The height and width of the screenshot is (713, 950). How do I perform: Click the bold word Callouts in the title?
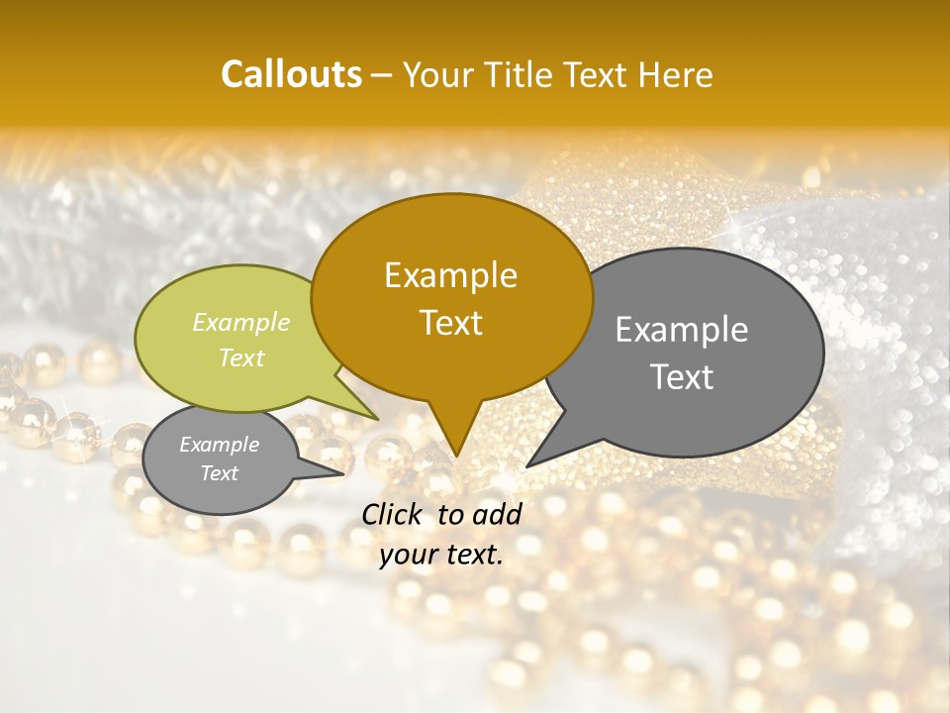pyautogui.click(x=291, y=75)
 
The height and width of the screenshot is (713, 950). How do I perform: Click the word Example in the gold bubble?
pyautogui.click(x=450, y=275)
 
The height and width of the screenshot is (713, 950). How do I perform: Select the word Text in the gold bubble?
pyautogui.click(x=450, y=323)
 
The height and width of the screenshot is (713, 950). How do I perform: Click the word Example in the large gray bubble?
pyautogui.click(x=682, y=330)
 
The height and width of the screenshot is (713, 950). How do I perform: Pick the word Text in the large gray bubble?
pyautogui.click(x=682, y=377)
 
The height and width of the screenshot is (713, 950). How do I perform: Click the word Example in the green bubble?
pyautogui.click(x=241, y=323)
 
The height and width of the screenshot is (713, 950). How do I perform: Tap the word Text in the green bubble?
pyautogui.click(x=241, y=358)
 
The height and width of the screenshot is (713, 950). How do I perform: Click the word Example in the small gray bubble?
pyautogui.click(x=220, y=445)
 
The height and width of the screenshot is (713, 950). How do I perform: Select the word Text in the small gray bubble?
pyautogui.click(x=220, y=473)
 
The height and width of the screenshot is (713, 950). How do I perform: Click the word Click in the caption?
pyautogui.click(x=395, y=514)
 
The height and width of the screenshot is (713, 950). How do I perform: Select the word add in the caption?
pyautogui.click(x=498, y=514)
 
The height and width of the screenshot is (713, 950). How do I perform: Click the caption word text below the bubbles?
pyautogui.click(x=473, y=555)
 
